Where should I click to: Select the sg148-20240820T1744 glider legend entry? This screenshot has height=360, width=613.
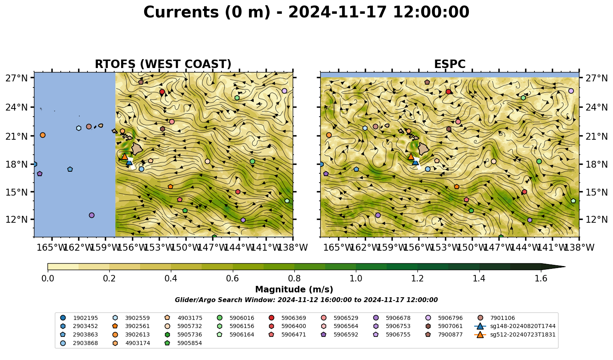pyautogui.click(x=515, y=326)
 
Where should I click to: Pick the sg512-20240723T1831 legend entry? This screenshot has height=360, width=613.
pyautogui.click(x=515, y=334)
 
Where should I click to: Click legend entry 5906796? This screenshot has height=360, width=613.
pyautogui.click(x=443, y=318)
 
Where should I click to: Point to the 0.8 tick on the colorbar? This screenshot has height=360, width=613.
pyautogui.click(x=294, y=279)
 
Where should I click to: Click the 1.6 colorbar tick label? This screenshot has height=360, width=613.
pyautogui.click(x=541, y=279)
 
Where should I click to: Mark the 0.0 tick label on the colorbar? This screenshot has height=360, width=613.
pyautogui.click(x=48, y=279)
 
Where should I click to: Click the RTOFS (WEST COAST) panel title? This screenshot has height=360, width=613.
pyautogui.click(x=163, y=64)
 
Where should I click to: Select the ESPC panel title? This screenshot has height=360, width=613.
pyautogui.click(x=449, y=64)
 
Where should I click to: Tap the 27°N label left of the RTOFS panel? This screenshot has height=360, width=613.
pyautogui.click(x=17, y=78)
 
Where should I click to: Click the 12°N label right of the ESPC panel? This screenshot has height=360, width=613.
pyautogui.click(x=596, y=219)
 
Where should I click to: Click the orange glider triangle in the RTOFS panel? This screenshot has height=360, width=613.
pyautogui.click(x=125, y=157)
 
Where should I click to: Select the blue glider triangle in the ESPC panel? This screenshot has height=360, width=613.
pyautogui.click(x=415, y=162)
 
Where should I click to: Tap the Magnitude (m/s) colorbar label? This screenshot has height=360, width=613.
pyautogui.click(x=294, y=290)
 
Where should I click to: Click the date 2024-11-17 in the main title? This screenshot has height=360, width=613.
pyautogui.click(x=338, y=12)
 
